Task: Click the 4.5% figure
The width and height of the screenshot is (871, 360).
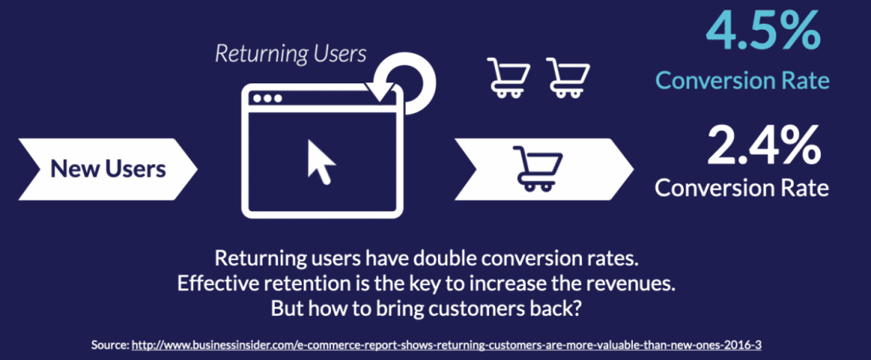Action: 763,33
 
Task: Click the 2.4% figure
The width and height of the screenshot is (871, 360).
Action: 763,146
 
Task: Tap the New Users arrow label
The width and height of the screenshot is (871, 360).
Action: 108,169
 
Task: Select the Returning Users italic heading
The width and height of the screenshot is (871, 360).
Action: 291,54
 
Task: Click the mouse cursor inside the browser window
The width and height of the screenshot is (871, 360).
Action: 321,161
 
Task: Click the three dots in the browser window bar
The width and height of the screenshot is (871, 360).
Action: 266,99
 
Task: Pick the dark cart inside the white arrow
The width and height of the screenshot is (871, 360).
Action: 538,169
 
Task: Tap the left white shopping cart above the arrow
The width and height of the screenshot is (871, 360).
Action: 509,77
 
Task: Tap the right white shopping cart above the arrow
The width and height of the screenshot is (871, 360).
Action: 568,77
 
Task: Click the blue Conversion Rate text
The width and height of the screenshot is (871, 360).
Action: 743,81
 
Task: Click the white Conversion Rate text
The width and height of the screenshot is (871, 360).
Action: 742,187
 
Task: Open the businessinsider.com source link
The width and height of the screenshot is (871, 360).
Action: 446,345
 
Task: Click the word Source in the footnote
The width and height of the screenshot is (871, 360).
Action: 110,345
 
